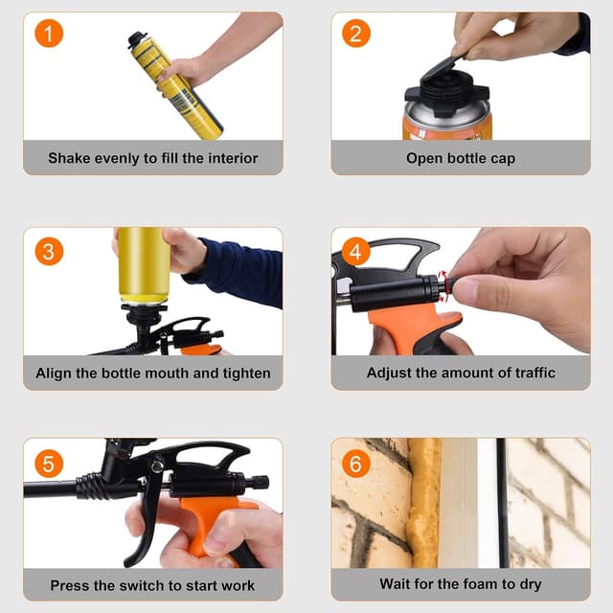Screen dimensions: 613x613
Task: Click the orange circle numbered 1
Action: (49, 34)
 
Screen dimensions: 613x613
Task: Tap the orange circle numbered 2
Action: (356, 34)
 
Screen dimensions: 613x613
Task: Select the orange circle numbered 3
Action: (49, 251)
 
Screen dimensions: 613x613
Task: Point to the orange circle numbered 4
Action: (356, 252)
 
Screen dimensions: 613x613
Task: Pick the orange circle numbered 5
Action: (49, 463)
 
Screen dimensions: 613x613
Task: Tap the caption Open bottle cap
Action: (460, 158)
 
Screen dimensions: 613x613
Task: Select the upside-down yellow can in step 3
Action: (143, 263)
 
